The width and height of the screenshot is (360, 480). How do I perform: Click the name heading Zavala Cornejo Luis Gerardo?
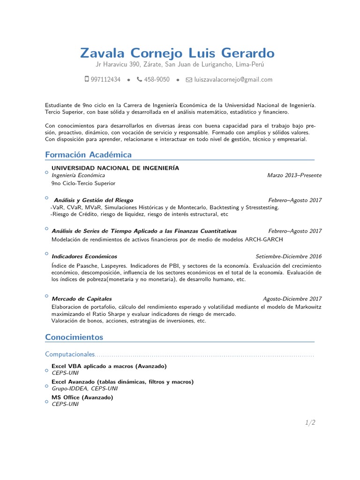177,52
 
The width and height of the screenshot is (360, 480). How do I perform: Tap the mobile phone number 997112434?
105,80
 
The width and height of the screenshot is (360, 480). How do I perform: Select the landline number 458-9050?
157,80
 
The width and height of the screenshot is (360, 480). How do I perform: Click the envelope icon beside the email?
189,80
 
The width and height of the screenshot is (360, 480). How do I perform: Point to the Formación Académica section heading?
88,155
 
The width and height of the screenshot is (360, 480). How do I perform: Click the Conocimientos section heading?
74,337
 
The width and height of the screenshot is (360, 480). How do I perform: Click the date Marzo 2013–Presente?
294,175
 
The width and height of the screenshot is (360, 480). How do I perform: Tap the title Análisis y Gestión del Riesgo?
93,200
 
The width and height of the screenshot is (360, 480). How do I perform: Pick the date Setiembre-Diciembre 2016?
289,256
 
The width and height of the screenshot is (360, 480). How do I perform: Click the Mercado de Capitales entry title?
82,299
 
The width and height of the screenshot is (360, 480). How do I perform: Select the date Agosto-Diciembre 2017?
292,299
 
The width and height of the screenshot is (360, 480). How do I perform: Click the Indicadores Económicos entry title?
84,256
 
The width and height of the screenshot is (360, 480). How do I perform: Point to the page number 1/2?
310,422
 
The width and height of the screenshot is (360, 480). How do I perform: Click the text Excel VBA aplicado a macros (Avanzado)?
109,366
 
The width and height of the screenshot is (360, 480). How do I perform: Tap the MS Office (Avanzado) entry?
82,397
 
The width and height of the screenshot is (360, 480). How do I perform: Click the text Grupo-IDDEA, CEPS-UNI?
84,389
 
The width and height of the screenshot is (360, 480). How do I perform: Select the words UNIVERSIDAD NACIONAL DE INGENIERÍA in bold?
115,168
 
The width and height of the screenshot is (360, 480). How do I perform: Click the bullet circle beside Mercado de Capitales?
46,296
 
